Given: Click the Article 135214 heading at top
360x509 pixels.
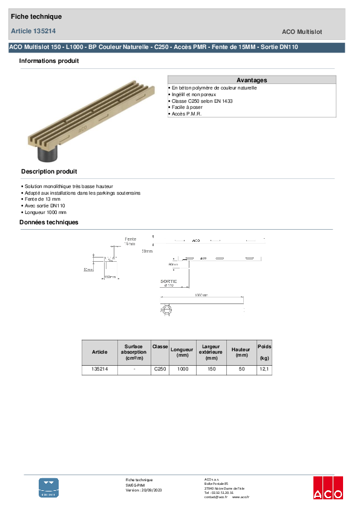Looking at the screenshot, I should coord(34,31).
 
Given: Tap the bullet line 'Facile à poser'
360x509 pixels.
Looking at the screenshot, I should coord(187,107).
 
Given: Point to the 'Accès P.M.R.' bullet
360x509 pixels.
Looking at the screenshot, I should coord(187,114).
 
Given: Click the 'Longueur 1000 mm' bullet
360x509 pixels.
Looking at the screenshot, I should coord(45,212).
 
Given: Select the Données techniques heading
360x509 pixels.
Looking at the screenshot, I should coord(49,222).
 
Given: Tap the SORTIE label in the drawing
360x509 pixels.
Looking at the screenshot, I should coord(169,281).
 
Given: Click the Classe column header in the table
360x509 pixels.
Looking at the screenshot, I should coord(160,346).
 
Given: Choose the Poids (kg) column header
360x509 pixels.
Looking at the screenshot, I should coord(264,352).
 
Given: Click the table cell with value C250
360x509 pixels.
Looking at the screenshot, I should coord(160,369).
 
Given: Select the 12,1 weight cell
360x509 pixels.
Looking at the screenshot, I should coord(264,369).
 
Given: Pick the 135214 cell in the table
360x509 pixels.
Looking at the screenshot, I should coord(99,369).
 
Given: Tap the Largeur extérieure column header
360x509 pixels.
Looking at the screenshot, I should coord(212,352).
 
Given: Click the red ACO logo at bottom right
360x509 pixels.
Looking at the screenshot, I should coord(327,487).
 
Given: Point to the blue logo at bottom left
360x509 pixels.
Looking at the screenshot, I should coord(49,487).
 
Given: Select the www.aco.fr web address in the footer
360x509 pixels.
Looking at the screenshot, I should coord(240,496).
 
